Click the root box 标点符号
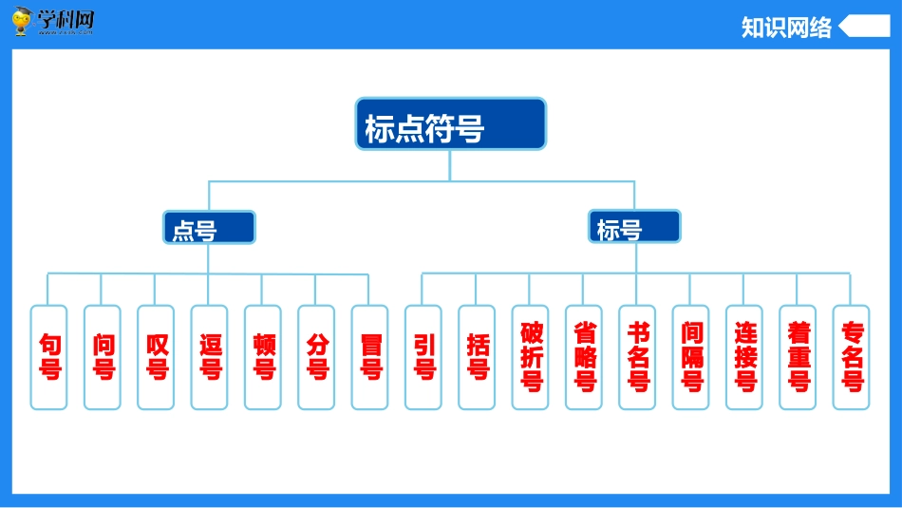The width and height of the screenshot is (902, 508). [451, 124]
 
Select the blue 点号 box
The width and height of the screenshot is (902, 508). [209, 228]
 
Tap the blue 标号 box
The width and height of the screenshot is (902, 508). [633, 227]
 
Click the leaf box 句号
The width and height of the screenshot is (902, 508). [49, 357]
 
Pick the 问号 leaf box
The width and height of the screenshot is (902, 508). [103, 357]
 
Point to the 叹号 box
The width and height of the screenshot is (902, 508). [156, 357]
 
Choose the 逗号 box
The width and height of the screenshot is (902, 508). [210, 357]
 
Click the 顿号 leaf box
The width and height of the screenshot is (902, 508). [263, 357]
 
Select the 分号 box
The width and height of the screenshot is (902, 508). [316, 357]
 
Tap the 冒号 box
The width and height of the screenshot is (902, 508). [369, 357]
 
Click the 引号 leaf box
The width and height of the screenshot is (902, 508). [423, 357]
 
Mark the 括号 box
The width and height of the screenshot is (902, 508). [477, 357]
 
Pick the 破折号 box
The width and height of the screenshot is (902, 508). [531, 357]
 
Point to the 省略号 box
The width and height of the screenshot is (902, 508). [584, 357]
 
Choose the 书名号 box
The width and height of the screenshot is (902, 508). [637, 357]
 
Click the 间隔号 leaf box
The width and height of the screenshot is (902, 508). [691, 357]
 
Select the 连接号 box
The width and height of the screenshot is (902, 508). [744, 357]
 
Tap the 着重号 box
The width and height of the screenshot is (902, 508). [798, 357]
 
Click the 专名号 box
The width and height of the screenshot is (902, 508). [852, 357]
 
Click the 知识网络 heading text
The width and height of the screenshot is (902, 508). [786, 28]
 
